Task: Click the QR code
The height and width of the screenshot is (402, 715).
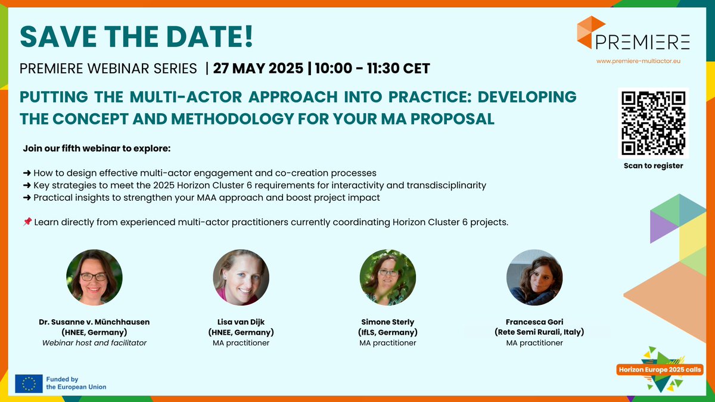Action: [653, 122]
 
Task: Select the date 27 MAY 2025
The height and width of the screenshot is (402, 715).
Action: [257, 68]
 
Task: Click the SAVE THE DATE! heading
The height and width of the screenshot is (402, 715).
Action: [136, 36]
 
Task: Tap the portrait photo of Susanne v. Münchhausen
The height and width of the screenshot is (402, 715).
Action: [94, 278]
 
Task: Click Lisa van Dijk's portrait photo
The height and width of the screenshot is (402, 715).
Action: [241, 278]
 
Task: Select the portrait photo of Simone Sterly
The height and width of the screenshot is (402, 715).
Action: [388, 278]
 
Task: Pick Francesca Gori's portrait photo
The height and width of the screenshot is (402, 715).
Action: [534, 278]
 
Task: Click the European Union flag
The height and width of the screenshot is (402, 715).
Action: [29, 384]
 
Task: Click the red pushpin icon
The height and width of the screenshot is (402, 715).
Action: [27, 222]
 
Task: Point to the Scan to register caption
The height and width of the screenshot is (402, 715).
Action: [653, 166]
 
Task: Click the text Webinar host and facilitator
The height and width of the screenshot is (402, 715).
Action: [94, 342]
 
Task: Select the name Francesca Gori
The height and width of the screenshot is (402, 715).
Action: [534, 322]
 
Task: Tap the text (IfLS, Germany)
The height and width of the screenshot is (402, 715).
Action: [388, 332]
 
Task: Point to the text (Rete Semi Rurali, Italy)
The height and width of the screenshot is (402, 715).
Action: [534, 332]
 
